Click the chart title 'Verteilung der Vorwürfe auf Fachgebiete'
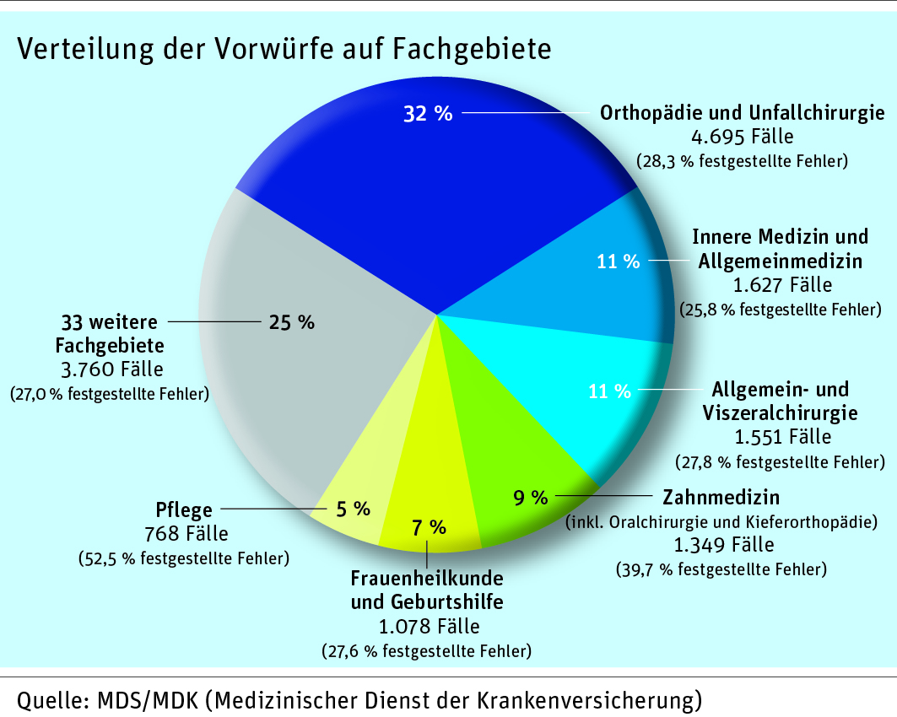[284, 48]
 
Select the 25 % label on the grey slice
[291, 321]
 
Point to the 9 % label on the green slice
[531, 498]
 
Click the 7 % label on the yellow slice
[429, 528]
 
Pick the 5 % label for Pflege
[354, 509]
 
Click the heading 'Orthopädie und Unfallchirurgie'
[742, 113]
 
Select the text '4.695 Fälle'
[742, 136]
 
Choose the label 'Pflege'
[184, 510]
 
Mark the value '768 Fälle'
[183, 534]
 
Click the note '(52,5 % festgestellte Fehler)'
[183, 558]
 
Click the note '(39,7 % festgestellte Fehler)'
[721, 569]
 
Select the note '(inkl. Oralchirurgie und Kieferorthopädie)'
[730, 521]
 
